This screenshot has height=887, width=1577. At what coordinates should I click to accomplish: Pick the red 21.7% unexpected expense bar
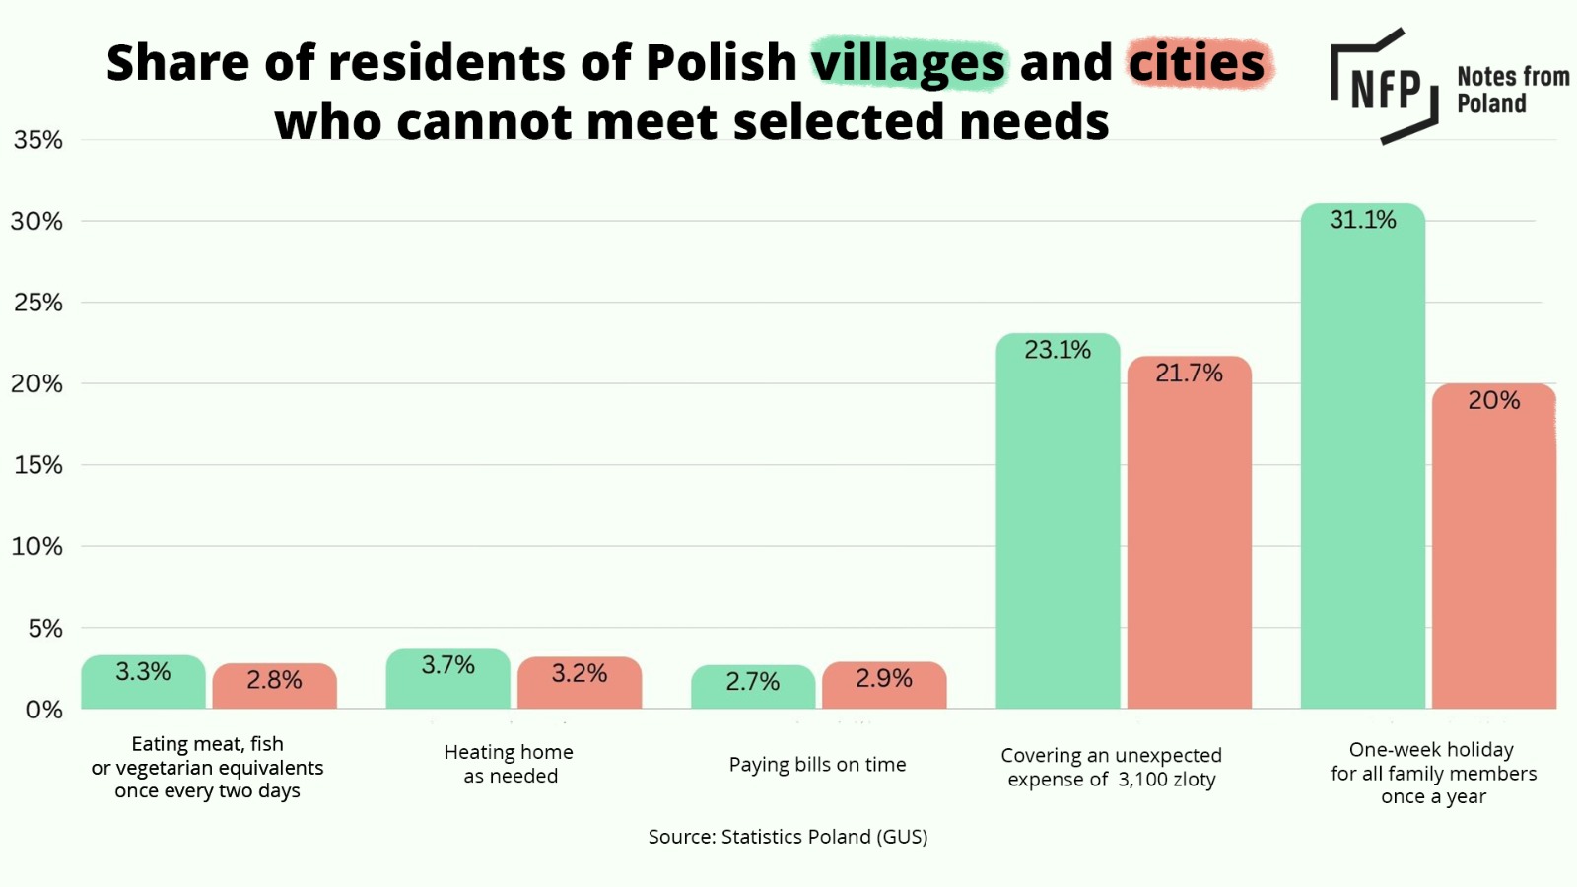tap(1189, 537)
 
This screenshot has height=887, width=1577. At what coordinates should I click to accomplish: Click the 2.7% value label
tap(753, 681)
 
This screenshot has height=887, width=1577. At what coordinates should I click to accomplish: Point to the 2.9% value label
tap(884, 678)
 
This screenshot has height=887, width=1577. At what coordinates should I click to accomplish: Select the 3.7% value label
tap(448, 665)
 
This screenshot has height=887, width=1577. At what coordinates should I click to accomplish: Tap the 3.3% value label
tap(143, 671)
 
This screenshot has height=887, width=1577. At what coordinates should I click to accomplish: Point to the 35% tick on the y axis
tap(37, 140)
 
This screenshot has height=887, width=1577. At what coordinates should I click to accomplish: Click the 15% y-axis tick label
tap(37, 465)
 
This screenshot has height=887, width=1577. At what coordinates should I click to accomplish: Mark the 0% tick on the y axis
tap(43, 710)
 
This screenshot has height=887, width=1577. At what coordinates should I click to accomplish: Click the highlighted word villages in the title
tap(908, 63)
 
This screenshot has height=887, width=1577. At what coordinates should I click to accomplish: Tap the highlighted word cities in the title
tap(1197, 63)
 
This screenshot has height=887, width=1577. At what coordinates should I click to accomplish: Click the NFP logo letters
tap(1385, 90)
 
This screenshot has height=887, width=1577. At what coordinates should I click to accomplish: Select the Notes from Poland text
tap(1512, 90)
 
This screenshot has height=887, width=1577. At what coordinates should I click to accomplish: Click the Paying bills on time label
tap(817, 765)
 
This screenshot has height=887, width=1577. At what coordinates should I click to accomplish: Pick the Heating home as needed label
tap(509, 764)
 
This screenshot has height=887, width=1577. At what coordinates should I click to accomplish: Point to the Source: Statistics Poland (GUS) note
tap(788, 837)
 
